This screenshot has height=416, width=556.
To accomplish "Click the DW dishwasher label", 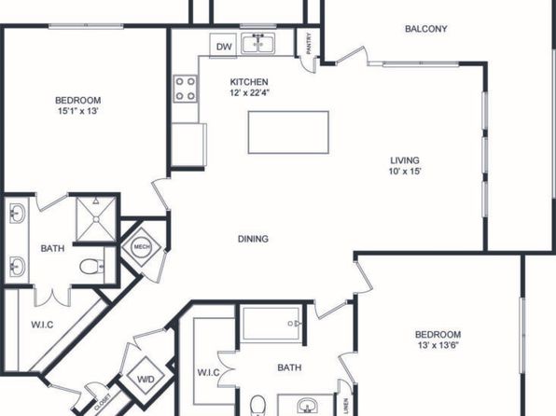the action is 224,47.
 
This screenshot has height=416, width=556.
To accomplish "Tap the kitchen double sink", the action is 258,43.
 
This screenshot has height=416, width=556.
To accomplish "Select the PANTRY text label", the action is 309,44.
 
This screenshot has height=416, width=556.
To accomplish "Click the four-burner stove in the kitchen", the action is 185,89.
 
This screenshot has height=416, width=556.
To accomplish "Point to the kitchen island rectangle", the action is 288,132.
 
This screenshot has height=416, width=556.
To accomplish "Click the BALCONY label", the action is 426,29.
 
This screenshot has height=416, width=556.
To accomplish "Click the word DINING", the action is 253,239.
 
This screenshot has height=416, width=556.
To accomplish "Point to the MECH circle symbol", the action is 142,247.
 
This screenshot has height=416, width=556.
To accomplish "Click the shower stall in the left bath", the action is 96,219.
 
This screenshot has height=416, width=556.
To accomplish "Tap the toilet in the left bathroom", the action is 91,267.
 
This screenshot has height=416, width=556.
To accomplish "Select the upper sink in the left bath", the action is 17,214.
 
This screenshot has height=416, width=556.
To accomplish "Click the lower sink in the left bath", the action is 17,266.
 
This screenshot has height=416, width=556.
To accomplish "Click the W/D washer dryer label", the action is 146,380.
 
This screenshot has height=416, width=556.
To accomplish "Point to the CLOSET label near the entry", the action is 103,402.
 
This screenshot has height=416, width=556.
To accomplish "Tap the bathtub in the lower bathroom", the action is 271,324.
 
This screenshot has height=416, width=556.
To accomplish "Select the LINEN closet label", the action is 346,406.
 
